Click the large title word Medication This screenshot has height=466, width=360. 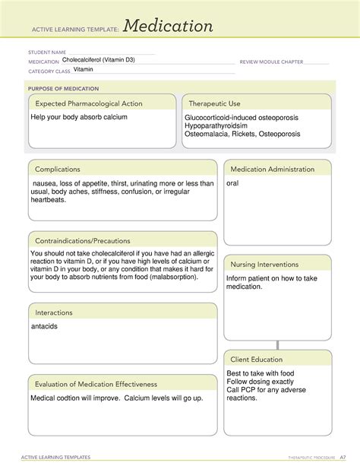point(169,27)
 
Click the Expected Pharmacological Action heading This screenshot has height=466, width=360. point(87,103)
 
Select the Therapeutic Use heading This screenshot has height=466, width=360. point(215,103)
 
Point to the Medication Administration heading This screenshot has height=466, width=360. point(272,169)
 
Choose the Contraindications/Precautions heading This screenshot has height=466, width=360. point(81,240)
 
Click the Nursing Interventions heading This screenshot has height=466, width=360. point(266,264)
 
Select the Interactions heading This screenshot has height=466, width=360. point(53,312)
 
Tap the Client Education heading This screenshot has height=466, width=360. point(257,359)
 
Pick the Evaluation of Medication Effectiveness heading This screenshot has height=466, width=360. point(94,384)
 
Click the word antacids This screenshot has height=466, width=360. point(44,326)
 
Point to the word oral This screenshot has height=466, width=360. point(233,183)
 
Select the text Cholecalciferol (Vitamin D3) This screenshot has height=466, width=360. point(99,59)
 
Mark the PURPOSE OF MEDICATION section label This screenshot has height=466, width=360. point(60,88)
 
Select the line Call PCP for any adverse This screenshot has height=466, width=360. point(267,389)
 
